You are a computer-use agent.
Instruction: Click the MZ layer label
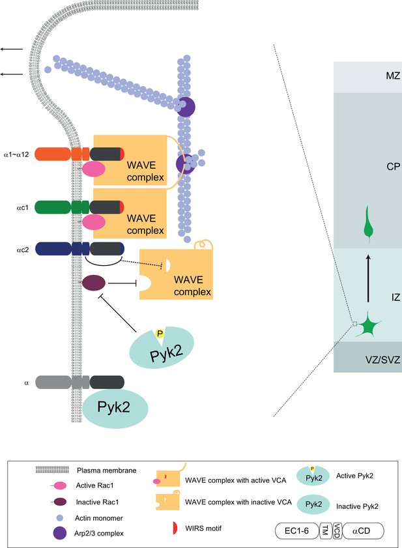pos(393,76)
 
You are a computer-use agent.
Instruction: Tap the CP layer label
pos(394,167)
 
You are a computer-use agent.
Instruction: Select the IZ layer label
pos(395,297)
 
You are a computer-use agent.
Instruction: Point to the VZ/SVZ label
pos(382,360)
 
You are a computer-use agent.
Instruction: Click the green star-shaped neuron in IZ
pos(367,324)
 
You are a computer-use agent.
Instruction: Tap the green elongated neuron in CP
pos(367,224)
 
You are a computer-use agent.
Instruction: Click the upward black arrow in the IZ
pos(367,278)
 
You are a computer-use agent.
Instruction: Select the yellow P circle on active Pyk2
pos(160,334)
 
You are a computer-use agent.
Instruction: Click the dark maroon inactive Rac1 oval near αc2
pos(93,283)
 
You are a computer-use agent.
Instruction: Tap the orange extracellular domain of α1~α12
pos(53,154)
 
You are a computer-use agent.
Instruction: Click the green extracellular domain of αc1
pos(53,207)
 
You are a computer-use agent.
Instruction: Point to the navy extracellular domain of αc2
pos(53,249)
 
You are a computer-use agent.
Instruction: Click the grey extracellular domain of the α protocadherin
pos(53,382)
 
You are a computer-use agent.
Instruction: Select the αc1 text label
pos(22,208)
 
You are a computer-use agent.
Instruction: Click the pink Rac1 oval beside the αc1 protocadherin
pos(93,222)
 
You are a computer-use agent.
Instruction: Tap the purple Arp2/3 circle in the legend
pos(59,533)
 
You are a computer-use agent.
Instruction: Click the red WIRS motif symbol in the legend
pos(175,528)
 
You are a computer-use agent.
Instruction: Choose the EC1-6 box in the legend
pos(297,531)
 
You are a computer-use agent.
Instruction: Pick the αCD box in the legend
pos(363,531)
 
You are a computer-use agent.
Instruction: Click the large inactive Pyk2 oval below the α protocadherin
pos(115,408)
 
